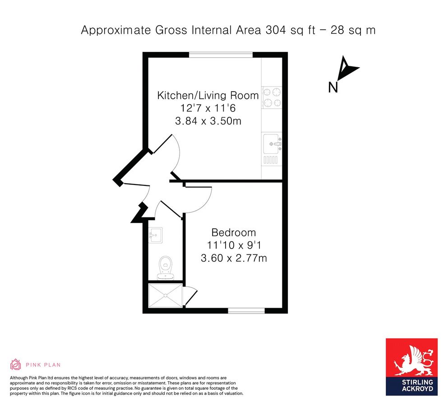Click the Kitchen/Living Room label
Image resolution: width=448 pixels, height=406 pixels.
point(208,96)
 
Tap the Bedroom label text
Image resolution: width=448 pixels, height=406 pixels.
point(233,233)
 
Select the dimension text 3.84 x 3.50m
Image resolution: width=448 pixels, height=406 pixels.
point(208,121)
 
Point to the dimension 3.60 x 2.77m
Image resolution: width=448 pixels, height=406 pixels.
point(234,258)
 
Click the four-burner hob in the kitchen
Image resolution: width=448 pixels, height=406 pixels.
point(272,97)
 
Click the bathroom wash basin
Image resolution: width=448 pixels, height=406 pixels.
point(156,235)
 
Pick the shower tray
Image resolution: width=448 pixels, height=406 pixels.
point(165,295)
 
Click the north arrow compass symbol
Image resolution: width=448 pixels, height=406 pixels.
point(346,68)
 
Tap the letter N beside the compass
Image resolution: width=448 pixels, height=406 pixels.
point(333,88)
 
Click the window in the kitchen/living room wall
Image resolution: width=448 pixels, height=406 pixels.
point(221,54)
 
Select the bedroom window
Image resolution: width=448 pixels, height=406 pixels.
point(246,310)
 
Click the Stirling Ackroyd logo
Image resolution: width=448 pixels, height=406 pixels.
point(411,367)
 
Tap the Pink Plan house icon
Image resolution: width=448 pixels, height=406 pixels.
point(15,364)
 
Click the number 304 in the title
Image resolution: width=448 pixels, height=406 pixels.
point(276,30)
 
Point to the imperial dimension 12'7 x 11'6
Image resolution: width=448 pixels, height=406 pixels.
point(208,108)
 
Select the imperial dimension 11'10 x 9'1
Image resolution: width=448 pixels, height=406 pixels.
point(234,245)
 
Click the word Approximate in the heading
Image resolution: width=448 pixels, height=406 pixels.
point(115,30)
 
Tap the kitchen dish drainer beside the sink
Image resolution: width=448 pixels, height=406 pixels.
point(270,160)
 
